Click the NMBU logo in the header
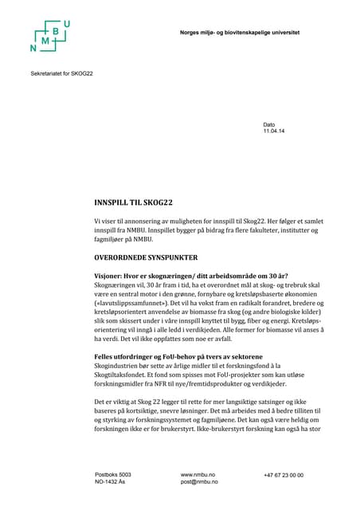coord(50,37)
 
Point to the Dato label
coord(269,124)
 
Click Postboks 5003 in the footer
coord(113,474)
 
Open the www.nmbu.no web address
coord(198,474)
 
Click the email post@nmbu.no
coord(199,482)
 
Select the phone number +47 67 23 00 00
coord(284,474)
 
